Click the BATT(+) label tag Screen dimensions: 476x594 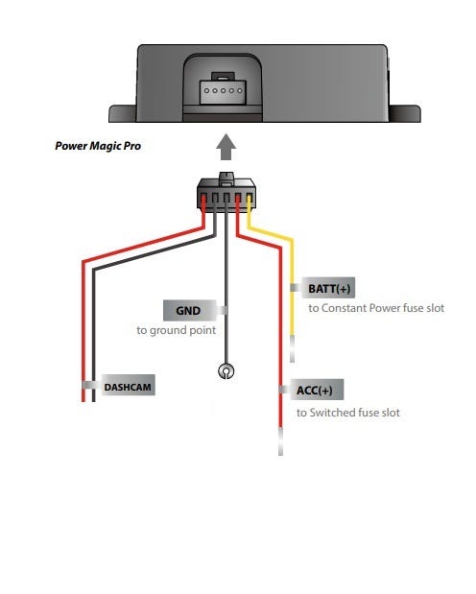click(328, 288)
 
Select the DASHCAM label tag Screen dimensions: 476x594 click(128, 386)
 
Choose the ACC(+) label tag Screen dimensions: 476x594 click(317, 390)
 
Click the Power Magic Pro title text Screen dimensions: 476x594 click(98, 146)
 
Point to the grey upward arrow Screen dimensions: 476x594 click(226, 147)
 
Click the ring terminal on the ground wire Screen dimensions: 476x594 click(226, 371)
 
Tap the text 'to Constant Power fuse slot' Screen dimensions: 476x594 click(376, 308)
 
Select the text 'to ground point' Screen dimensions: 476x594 click(177, 330)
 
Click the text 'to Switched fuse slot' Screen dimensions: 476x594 click(348, 413)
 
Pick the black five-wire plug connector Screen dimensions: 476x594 click(226, 193)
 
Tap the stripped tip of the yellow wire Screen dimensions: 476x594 click(292, 349)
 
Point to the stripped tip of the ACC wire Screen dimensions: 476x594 click(280, 441)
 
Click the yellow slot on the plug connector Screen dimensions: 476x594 click(249, 199)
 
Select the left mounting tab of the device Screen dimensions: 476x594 click(123, 113)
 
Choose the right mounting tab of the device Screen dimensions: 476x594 click(404, 113)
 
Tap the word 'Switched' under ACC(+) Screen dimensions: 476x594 click(332, 413)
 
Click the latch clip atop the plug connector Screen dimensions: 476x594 click(226, 178)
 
